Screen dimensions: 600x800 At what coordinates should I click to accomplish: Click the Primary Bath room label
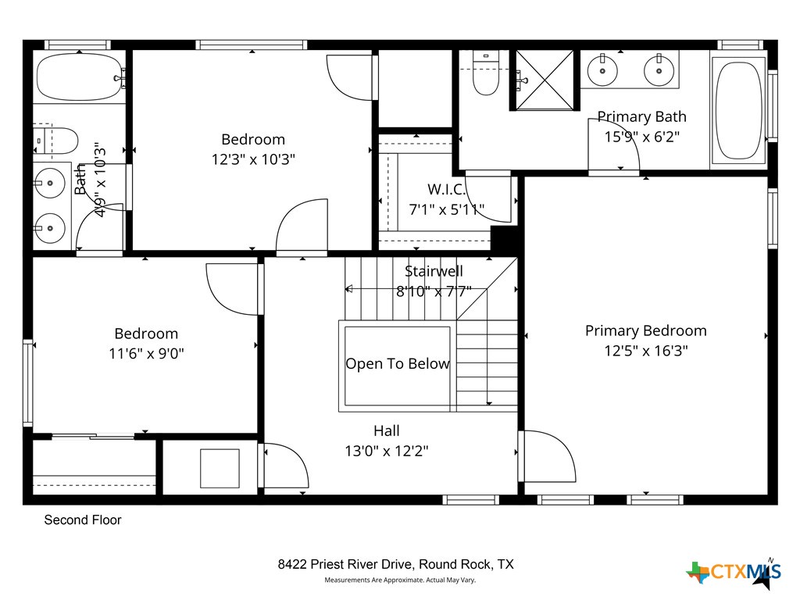pyautogui.click(x=641, y=117)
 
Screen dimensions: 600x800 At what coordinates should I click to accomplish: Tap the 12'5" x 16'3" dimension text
pyautogui.click(x=645, y=352)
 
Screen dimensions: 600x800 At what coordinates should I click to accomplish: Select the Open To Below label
pyautogui.click(x=398, y=364)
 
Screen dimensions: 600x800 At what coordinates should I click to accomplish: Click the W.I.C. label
pyautogui.click(x=446, y=190)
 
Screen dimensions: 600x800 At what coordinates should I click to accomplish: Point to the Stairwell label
pyautogui.click(x=434, y=272)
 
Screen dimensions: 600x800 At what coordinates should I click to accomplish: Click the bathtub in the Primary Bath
pyautogui.click(x=738, y=110)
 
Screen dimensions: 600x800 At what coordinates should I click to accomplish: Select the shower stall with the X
pyautogui.click(x=545, y=80)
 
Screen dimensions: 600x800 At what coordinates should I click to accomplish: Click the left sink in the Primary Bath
pyautogui.click(x=603, y=71)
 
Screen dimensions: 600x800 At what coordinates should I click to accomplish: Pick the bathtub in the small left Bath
pyautogui.click(x=79, y=77)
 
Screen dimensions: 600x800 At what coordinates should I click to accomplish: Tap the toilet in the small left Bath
pyautogui.click(x=59, y=141)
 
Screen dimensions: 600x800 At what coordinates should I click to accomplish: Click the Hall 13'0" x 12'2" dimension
pyautogui.click(x=386, y=451)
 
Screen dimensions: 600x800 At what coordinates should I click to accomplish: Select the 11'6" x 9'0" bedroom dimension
pyautogui.click(x=146, y=353)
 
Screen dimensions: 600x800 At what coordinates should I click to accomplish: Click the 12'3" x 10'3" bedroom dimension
pyautogui.click(x=253, y=159)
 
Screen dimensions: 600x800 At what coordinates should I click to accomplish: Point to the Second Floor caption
pyautogui.click(x=83, y=520)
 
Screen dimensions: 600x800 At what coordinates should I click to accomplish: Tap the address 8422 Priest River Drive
pyautogui.click(x=395, y=564)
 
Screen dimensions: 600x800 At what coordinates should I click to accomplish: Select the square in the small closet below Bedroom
pyautogui.click(x=220, y=468)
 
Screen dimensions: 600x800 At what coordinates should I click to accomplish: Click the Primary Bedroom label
pyautogui.click(x=645, y=331)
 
